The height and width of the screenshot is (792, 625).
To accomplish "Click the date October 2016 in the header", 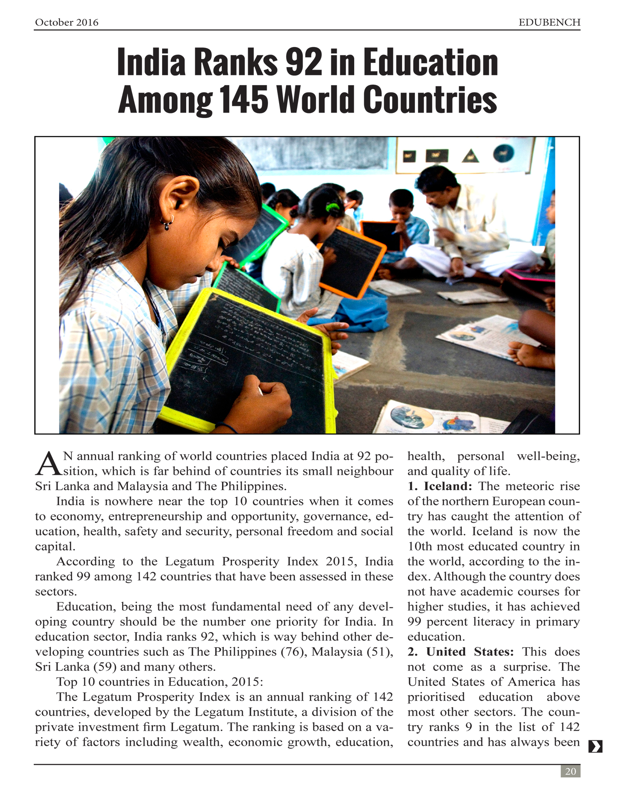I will (67, 23).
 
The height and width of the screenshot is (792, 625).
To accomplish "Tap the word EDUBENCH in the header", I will (549, 23).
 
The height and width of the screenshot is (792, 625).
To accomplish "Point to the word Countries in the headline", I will (430, 100).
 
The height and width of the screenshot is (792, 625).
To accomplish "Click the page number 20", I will (570, 771).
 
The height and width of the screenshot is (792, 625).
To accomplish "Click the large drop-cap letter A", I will (48, 464).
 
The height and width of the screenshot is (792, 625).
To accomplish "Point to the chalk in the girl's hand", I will (260, 391).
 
